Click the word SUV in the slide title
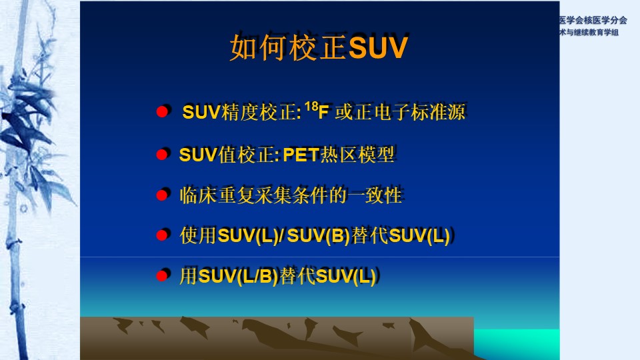(x=378, y=48)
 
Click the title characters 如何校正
(x=289, y=48)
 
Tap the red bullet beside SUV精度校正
(x=162, y=112)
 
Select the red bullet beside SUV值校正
(x=162, y=154)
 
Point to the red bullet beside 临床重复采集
(x=162, y=195)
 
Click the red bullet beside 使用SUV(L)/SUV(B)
(x=162, y=235)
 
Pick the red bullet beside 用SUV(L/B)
(x=162, y=276)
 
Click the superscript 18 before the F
(x=311, y=107)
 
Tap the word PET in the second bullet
(x=301, y=155)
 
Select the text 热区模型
(x=357, y=155)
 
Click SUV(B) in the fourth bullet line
(x=319, y=235)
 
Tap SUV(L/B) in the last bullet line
(x=239, y=276)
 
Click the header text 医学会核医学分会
(x=593, y=20)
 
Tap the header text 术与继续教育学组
(x=589, y=32)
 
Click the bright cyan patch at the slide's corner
(x=517, y=344)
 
